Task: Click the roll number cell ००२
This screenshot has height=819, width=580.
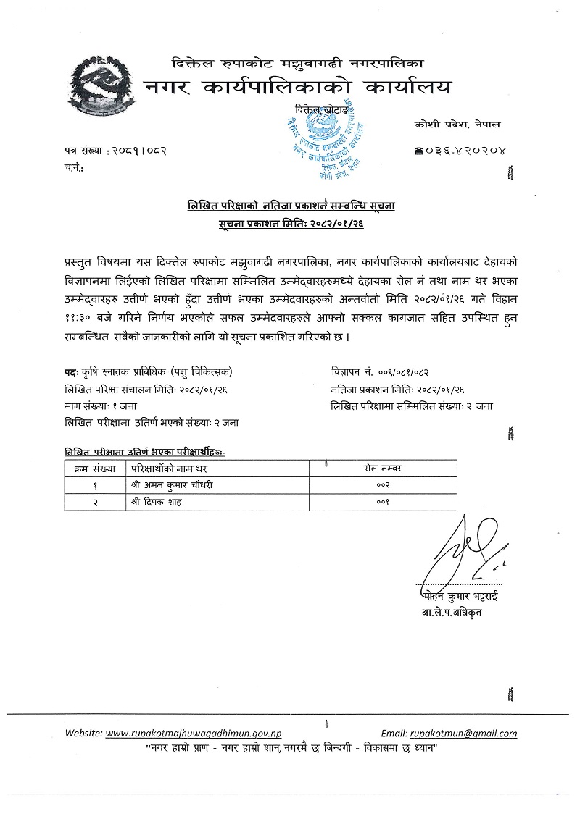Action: point(383,484)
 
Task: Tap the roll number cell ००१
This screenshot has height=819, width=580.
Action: point(383,502)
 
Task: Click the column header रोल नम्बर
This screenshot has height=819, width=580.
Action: point(383,469)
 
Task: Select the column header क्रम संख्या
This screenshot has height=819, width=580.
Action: point(92,469)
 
